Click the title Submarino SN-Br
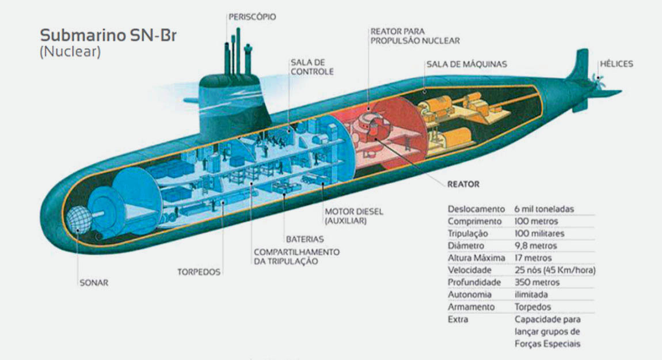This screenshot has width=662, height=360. [x=108, y=35]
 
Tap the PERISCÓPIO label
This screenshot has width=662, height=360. [x=252, y=17]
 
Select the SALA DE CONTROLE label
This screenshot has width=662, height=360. [x=312, y=66]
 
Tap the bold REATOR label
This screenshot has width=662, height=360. [x=463, y=185]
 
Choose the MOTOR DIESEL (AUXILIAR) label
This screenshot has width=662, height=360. [x=353, y=216]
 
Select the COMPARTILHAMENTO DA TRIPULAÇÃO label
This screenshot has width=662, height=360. [x=296, y=256]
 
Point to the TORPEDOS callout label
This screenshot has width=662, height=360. [x=199, y=272]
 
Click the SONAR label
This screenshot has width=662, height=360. [x=94, y=283]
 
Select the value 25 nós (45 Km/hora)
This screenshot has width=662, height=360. [x=555, y=270]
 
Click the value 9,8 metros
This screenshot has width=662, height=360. [x=536, y=245]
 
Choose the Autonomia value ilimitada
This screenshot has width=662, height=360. [x=531, y=294]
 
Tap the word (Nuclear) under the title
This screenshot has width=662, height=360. [x=70, y=51]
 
